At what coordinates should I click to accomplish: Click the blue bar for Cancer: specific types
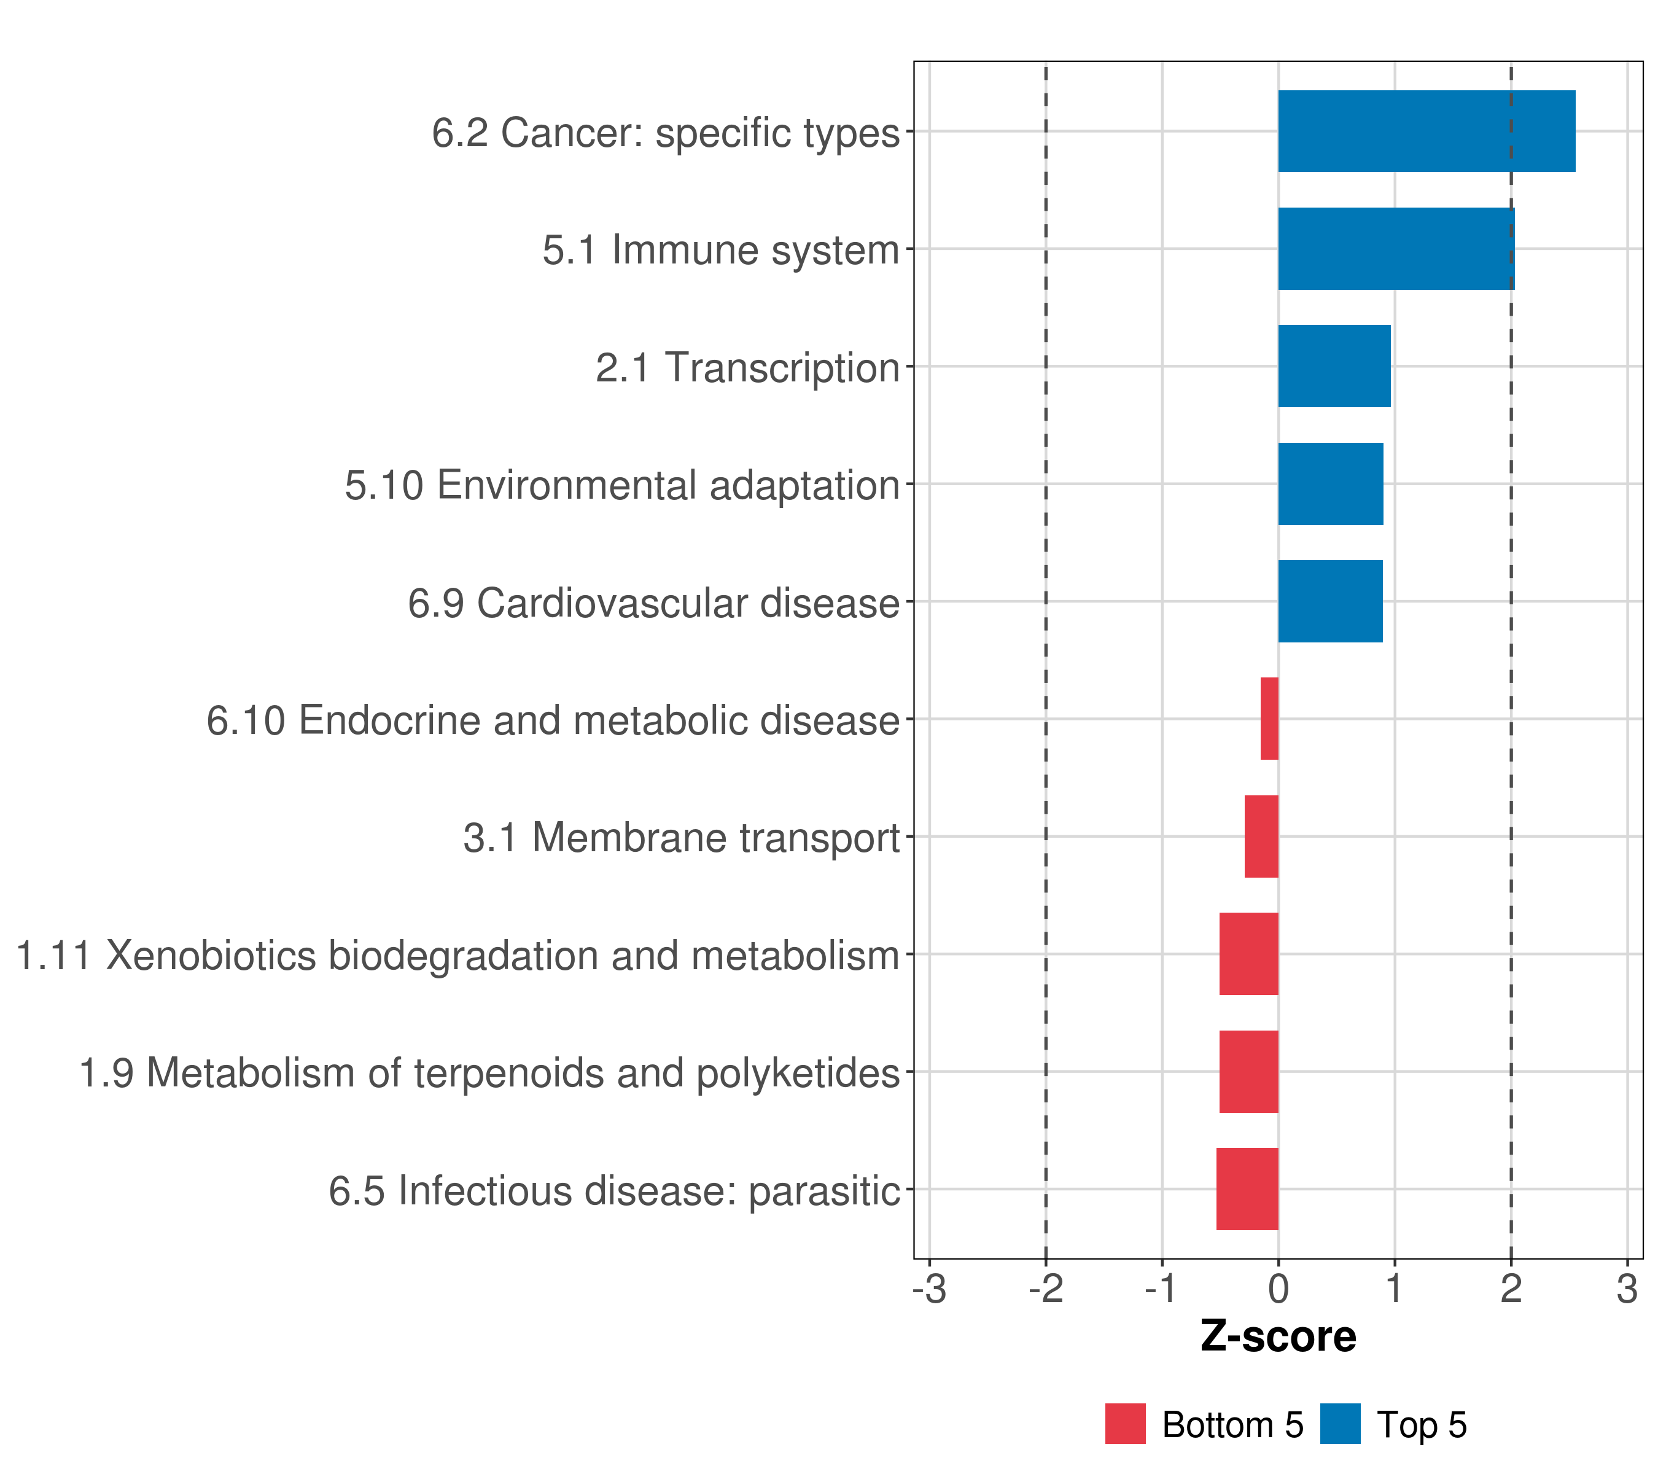[1426, 131]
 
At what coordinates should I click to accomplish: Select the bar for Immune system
[1395, 249]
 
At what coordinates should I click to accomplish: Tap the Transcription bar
[1334, 366]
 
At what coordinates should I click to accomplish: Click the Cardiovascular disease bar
[1329, 601]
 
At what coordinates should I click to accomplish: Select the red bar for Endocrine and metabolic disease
[1269, 719]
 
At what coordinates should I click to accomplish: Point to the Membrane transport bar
[1261, 836]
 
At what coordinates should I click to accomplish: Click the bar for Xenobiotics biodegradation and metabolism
[1248, 954]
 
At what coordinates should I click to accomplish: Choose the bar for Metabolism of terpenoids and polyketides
[1248, 1072]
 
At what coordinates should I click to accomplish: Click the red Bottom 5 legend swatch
[1125, 1424]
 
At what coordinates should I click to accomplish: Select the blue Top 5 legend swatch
[1340, 1424]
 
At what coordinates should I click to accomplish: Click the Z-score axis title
[1277, 1337]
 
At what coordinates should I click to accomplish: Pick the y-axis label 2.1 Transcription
[747, 367]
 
